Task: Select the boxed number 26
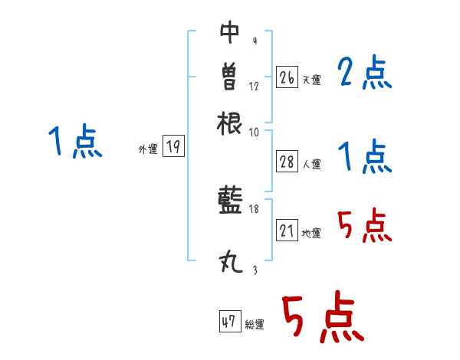287,78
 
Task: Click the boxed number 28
287,162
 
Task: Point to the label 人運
312,164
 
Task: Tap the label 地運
312,234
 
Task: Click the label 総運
255,325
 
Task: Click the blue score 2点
364,74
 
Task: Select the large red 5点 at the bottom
321,319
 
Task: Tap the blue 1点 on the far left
75,142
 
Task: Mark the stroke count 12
255,86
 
